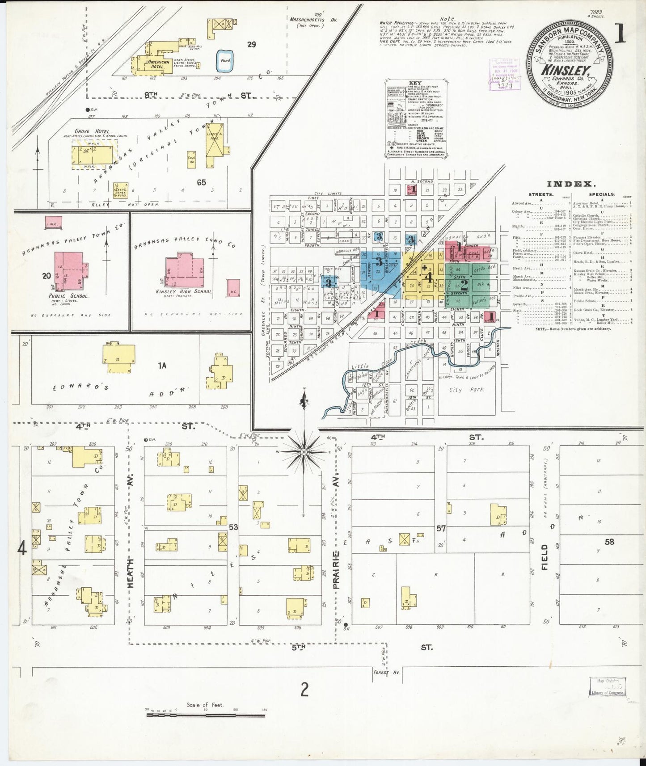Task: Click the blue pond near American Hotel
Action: click(x=225, y=61)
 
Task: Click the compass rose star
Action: click(x=304, y=452)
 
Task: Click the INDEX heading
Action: click(x=569, y=184)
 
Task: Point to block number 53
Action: click(x=233, y=527)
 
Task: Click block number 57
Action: click(x=441, y=529)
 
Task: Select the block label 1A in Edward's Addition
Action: click(x=162, y=366)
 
